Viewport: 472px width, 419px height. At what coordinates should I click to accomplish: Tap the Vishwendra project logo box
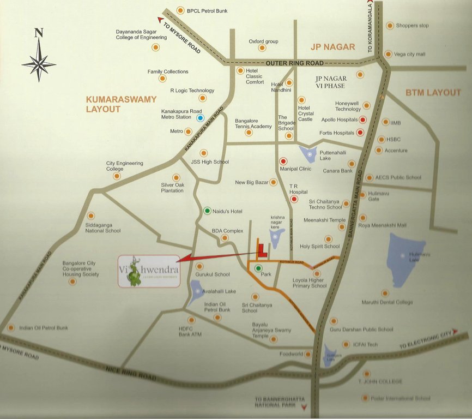(x=149, y=271)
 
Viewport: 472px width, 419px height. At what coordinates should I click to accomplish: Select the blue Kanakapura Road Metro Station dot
(x=201, y=117)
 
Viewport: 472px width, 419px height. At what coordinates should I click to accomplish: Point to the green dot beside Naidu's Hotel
(x=207, y=211)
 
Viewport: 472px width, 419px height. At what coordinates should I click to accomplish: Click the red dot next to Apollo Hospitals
(x=362, y=119)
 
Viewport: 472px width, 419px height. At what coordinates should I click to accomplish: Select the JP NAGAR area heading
(x=332, y=47)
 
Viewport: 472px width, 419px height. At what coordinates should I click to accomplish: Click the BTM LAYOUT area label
(x=433, y=93)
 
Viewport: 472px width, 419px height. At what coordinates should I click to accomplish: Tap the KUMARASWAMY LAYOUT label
(x=121, y=104)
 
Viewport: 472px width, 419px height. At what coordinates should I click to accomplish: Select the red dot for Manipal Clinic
(x=283, y=161)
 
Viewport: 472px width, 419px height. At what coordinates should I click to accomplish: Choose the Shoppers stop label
(x=412, y=26)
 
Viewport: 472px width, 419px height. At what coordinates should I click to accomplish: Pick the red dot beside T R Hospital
(x=294, y=199)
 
